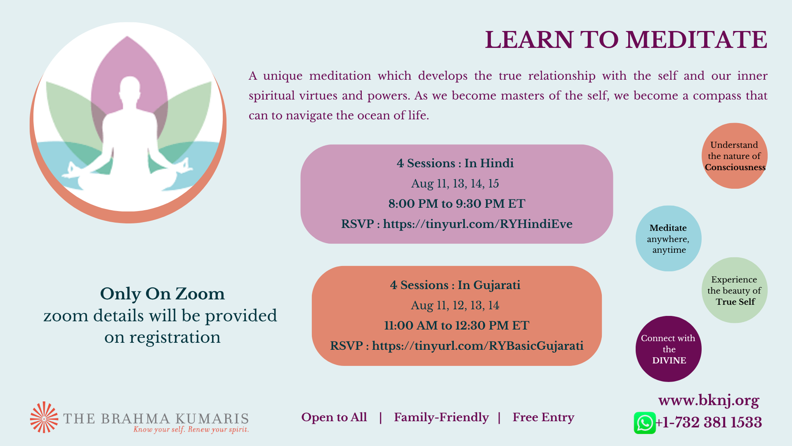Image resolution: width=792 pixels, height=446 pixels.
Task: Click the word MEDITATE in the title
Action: (696, 40)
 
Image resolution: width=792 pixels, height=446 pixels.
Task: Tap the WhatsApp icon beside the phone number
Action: (645, 423)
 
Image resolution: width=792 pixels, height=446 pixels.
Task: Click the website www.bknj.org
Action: (709, 400)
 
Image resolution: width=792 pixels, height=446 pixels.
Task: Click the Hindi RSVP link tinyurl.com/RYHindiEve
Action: (478, 224)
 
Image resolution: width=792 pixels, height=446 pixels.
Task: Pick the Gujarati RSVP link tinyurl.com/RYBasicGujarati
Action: (478, 346)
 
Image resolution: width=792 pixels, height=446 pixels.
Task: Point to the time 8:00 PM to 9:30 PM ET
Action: (457, 204)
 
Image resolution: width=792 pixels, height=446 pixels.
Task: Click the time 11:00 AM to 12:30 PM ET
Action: (457, 325)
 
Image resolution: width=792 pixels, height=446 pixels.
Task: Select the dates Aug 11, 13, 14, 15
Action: (455, 183)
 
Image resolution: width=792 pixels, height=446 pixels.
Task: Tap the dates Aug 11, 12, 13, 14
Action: (455, 305)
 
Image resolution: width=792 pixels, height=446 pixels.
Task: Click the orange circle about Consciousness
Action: (735, 156)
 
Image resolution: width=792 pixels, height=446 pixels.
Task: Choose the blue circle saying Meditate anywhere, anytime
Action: (669, 238)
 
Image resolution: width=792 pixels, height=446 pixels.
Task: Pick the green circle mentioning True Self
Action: (735, 290)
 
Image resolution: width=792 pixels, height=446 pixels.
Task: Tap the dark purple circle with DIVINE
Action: (669, 349)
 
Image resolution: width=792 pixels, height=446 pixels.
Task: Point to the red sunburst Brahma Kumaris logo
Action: (44, 418)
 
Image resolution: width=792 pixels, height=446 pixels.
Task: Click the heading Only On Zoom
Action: (163, 294)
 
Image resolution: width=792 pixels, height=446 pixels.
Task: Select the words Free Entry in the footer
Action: (543, 418)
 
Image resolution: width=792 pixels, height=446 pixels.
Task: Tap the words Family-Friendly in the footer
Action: (441, 418)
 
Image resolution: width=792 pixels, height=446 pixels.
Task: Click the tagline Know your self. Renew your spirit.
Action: (191, 429)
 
